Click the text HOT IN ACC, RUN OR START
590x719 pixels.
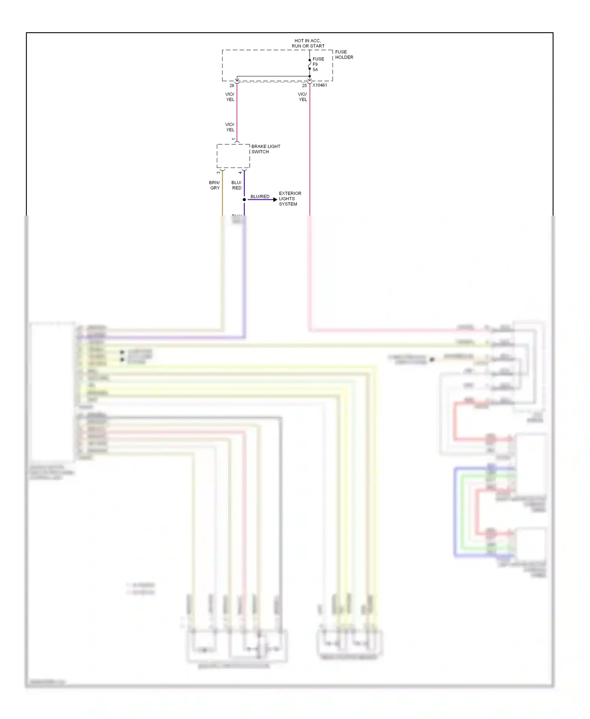[x=308, y=43]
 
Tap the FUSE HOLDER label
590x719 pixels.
[x=344, y=55]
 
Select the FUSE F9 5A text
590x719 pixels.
[x=318, y=65]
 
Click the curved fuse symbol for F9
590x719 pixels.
[x=310, y=65]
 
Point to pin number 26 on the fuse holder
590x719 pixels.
[x=232, y=86]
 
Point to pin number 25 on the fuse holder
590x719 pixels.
[x=304, y=86]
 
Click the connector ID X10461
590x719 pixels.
[x=320, y=85]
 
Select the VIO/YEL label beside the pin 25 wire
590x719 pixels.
[x=302, y=97]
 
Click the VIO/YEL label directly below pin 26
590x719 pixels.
[x=230, y=97]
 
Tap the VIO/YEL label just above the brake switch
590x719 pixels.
[x=230, y=127]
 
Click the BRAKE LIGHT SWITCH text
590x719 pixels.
[x=266, y=149]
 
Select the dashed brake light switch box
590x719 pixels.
[x=233, y=156]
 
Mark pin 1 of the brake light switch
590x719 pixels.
[x=234, y=139]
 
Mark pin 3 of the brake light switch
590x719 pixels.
[x=219, y=173]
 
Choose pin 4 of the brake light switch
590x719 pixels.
[x=240, y=173]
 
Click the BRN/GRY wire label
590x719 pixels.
[x=215, y=185]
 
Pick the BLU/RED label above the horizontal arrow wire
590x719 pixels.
[x=260, y=197]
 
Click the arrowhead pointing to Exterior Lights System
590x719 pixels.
[x=275, y=200]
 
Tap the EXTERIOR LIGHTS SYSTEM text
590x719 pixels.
[x=290, y=199]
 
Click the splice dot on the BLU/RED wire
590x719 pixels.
[x=244, y=200]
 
